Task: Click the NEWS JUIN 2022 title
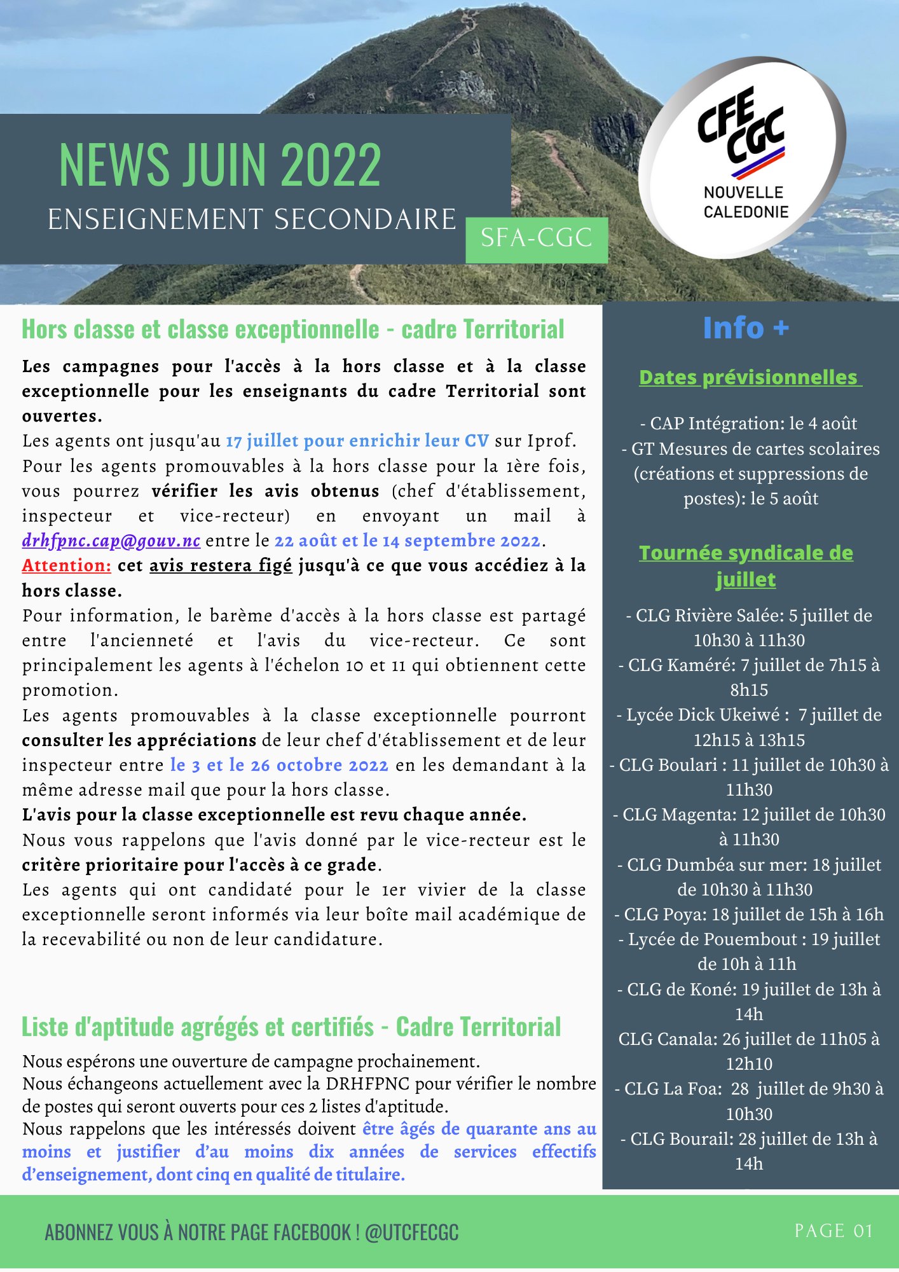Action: (x=220, y=165)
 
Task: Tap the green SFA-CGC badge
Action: (x=537, y=238)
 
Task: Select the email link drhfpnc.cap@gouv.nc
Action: (x=111, y=541)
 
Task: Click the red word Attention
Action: (x=66, y=565)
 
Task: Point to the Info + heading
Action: (x=746, y=328)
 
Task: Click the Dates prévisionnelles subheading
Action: (x=749, y=377)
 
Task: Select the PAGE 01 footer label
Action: (x=833, y=1231)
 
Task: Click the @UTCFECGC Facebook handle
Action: (x=411, y=1233)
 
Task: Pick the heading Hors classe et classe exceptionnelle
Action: (x=292, y=329)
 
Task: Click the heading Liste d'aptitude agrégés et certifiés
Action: (x=291, y=1027)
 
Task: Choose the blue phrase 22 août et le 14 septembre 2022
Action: (x=407, y=541)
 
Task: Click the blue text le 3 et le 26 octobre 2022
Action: (x=279, y=765)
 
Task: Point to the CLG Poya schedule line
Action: (x=749, y=915)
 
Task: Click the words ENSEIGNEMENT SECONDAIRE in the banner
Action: (x=252, y=219)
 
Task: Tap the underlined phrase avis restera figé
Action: (x=221, y=565)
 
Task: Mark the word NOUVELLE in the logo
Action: (x=743, y=193)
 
